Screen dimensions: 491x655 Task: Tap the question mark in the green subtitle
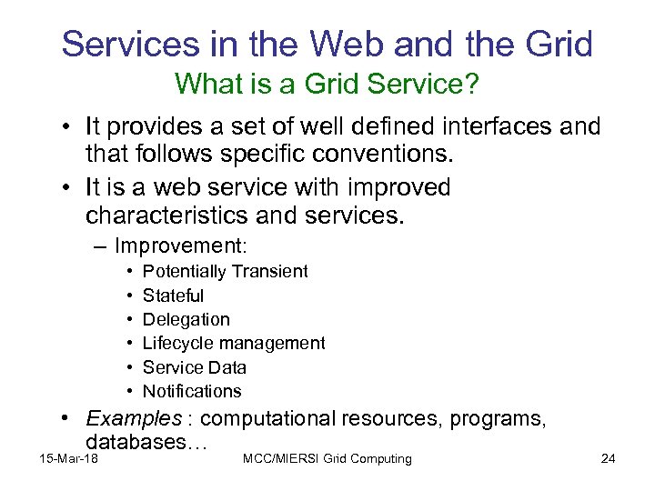coord(473,84)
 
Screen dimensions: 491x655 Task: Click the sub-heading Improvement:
coord(182,246)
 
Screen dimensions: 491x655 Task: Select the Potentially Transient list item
coord(226,271)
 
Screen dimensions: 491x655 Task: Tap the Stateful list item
coord(173,296)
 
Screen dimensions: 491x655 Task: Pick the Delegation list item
coord(186,319)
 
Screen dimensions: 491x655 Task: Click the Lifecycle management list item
coord(234,343)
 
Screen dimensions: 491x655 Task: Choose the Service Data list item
coord(195,367)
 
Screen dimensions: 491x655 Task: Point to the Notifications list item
coord(192,391)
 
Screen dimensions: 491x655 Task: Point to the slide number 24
coord(609,458)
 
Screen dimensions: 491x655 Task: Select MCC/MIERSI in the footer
coord(279,458)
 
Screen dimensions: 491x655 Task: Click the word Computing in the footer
coord(379,458)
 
